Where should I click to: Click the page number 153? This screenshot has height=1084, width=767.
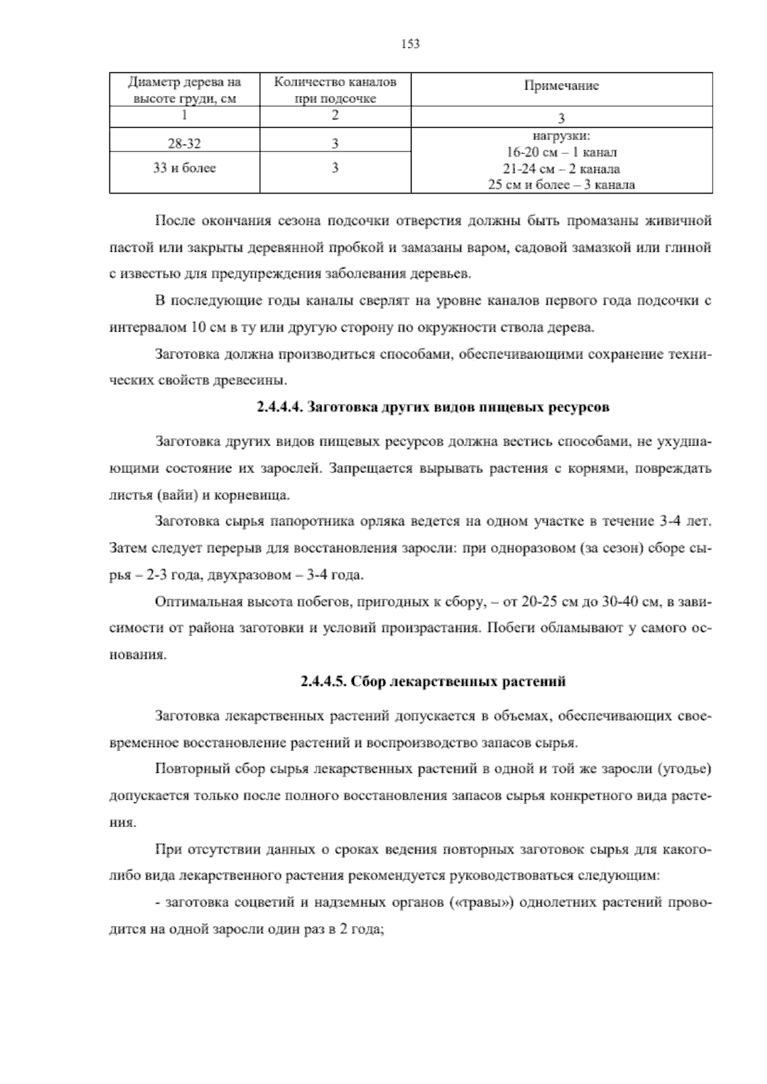coord(410,44)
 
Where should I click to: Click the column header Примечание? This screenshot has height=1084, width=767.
coord(561,86)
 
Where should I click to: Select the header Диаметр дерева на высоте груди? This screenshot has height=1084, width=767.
coord(184,89)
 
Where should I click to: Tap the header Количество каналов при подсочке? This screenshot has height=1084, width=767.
coord(335,89)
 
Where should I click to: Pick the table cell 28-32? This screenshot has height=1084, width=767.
coord(184,144)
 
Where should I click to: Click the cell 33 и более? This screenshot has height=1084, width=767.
coord(184,168)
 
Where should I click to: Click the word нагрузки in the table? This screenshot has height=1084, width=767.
coord(561,136)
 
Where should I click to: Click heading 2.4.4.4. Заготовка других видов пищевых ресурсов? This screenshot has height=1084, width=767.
coord(433,407)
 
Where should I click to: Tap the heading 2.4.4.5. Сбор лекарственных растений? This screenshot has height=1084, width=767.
coord(433,681)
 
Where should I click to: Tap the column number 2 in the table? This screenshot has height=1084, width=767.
coord(335,116)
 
